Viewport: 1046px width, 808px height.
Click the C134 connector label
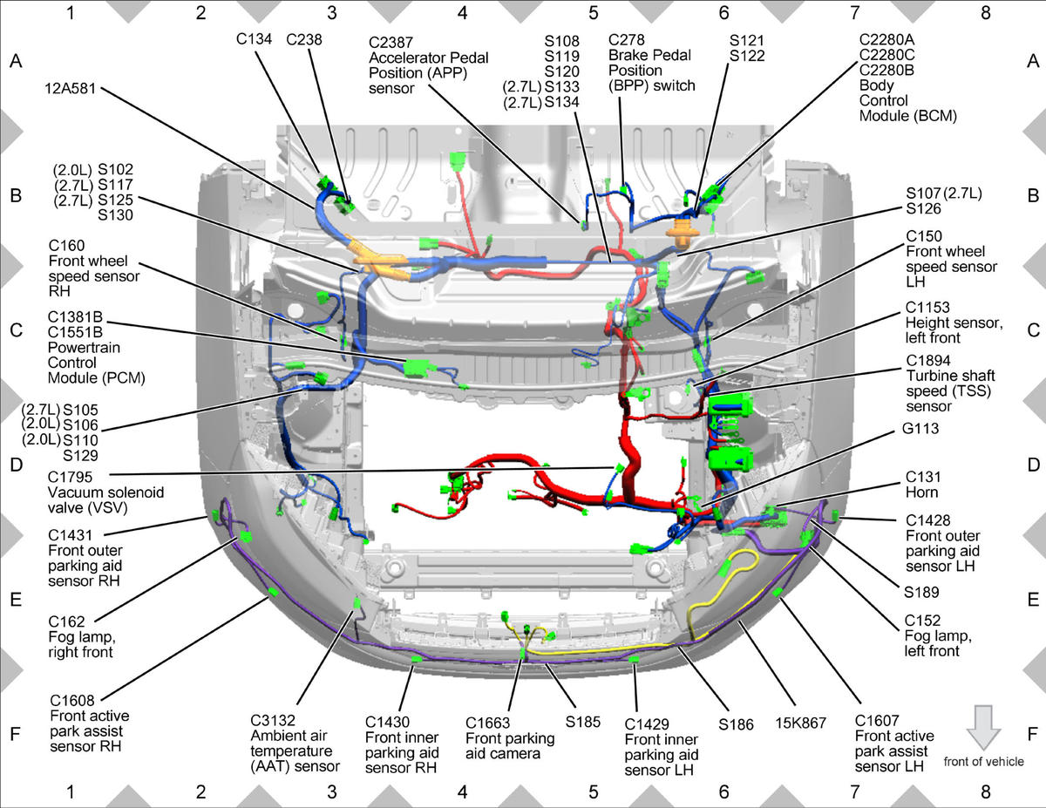pos(254,39)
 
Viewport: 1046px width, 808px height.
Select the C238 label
pos(303,39)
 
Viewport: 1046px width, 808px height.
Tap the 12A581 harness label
pos(71,89)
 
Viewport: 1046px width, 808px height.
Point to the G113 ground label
pos(920,428)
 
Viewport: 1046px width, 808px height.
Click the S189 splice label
pos(921,592)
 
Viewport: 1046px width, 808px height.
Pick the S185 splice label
pos(583,722)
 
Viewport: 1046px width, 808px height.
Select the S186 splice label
pos(736,724)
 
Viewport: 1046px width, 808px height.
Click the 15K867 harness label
pos(800,723)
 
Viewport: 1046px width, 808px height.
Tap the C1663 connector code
pos(487,723)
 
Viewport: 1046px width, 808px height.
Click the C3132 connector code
pos(273,721)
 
